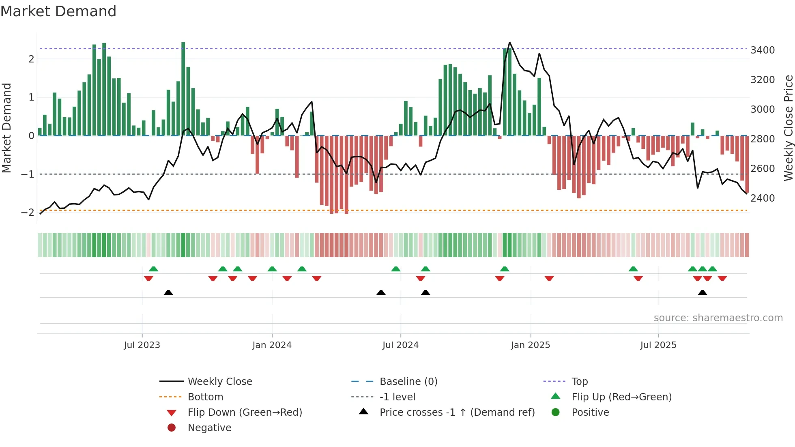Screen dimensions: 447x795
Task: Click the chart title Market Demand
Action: click(58, 11)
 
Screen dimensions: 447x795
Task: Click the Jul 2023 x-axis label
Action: click(142, 345)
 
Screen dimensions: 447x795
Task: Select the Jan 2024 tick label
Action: click(272, 345)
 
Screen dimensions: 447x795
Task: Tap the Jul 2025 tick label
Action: click(658, 345)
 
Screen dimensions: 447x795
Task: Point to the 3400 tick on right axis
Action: click(763, 50)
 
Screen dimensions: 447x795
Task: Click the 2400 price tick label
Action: click(763, 198)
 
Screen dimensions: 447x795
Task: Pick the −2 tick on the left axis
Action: click(28, 213)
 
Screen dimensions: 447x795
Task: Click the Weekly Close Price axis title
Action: click(788, 128)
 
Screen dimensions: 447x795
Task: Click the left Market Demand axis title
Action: click(6, 128)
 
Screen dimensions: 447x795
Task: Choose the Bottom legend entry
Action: click(205, 397)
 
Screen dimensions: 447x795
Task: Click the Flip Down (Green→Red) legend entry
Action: click(245, 413)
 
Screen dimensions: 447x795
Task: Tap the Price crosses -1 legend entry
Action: click(457, 413)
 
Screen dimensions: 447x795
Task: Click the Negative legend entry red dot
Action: click(172, 428)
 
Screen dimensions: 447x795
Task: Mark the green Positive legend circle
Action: click(556, 413)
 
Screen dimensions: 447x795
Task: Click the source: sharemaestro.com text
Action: click(718, 318)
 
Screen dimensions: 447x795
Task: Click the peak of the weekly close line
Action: click(510, 43)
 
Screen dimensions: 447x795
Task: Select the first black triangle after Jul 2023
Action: click(168, 292)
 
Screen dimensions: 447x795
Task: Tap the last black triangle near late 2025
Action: click(703, 292)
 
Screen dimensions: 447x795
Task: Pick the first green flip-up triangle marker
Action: click(153, 269)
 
